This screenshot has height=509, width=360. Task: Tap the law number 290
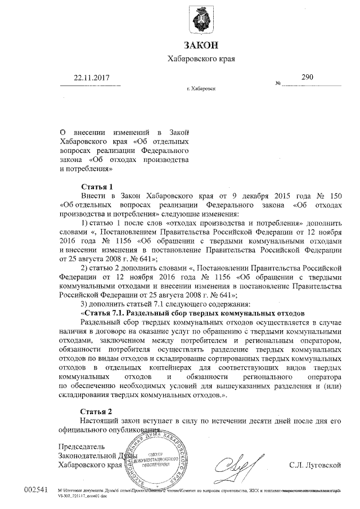point(307,78)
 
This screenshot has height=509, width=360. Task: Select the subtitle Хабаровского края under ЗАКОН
point(201,58)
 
